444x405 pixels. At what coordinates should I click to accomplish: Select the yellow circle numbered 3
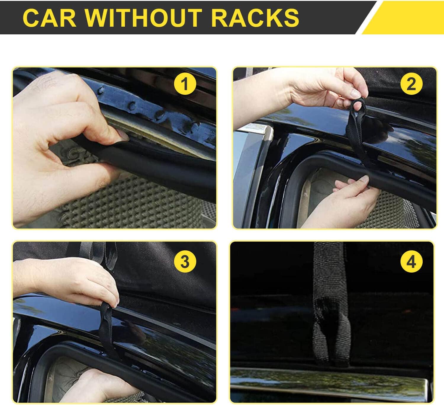pyautogui.click(x=185, y=261)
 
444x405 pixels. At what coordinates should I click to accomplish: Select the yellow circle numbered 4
pyautogui.click(x=411, y=261)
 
